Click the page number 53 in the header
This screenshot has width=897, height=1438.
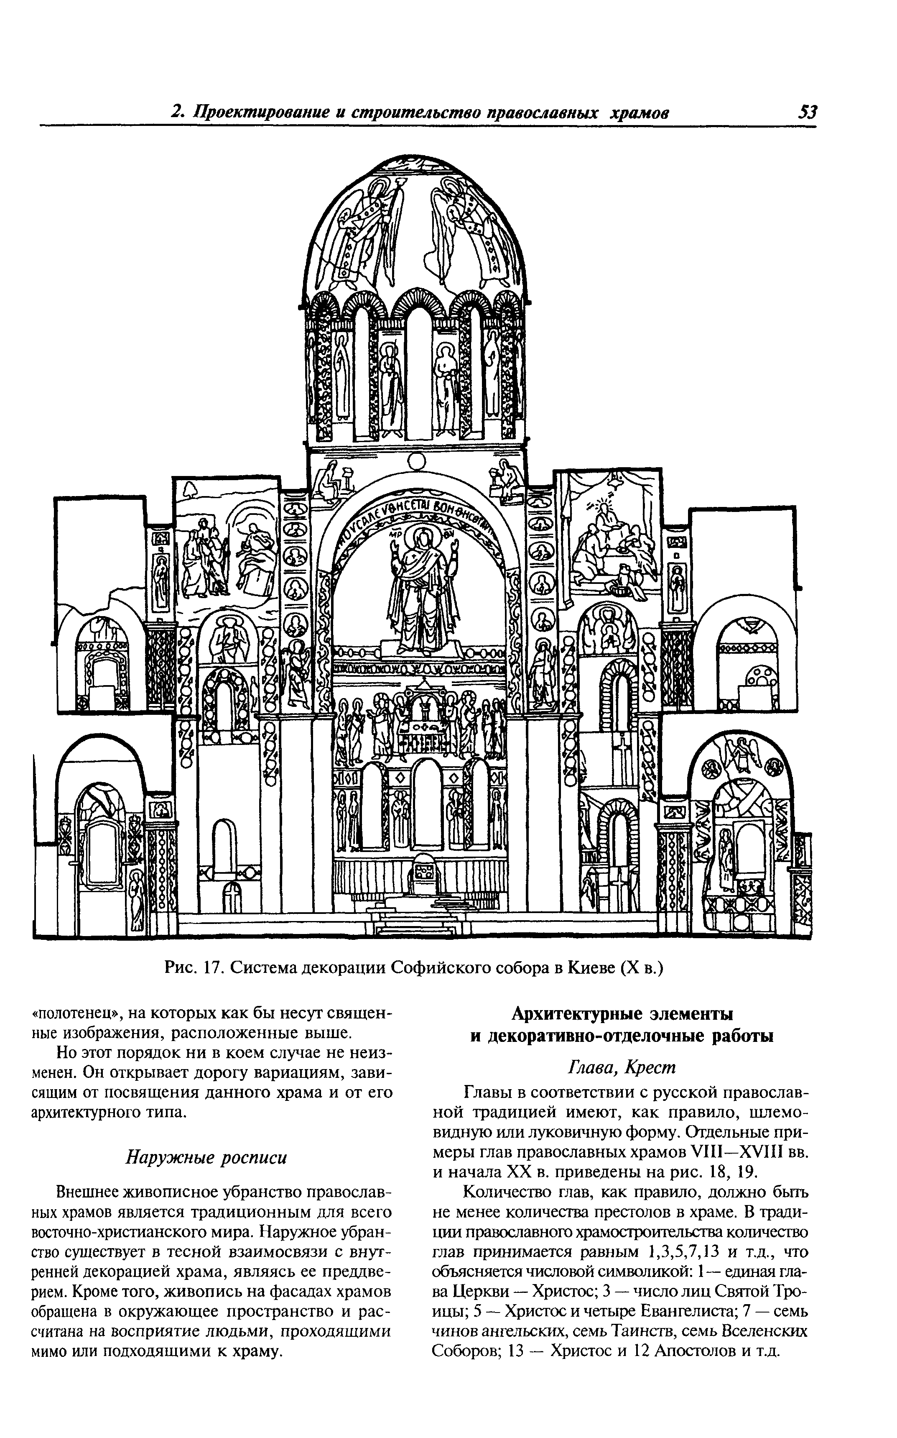pyautogui.click(x=808, y=112)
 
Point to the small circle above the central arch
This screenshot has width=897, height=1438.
pyautogui.click(x=417, y=461)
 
